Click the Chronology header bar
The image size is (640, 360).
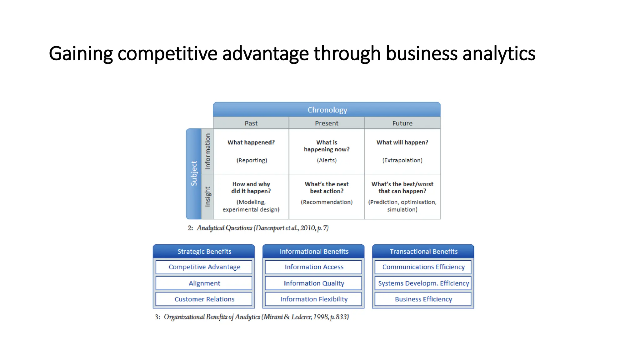click(x=327, y=110)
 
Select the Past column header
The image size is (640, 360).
click(x=251, y=123)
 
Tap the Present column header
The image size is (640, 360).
click(x=327, y=123)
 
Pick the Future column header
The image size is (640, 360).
click(x=402, y=123)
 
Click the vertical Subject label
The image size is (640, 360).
click(x=194, y=174)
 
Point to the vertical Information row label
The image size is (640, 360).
click(x=207, y=151)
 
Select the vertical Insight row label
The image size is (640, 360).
click(x=207, y=197)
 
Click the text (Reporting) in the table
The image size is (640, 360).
click(x=252, y=160)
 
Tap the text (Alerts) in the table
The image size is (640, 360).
click(x=327, y=160)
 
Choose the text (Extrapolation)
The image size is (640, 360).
click(x=402, y=160)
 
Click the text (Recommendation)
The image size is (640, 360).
click(x=327, y=202)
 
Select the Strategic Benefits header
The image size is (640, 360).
click(x=204, y=252)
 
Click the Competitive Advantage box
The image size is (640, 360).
click(x=204, y=267)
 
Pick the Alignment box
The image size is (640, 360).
click(x=204, y=283)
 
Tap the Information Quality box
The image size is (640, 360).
click(x=314, y=283)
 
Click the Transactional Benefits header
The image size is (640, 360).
click(x=423, y=252)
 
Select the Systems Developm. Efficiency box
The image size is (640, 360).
click(x=423, y=283)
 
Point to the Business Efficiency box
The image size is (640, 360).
click(x=423, y=299)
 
